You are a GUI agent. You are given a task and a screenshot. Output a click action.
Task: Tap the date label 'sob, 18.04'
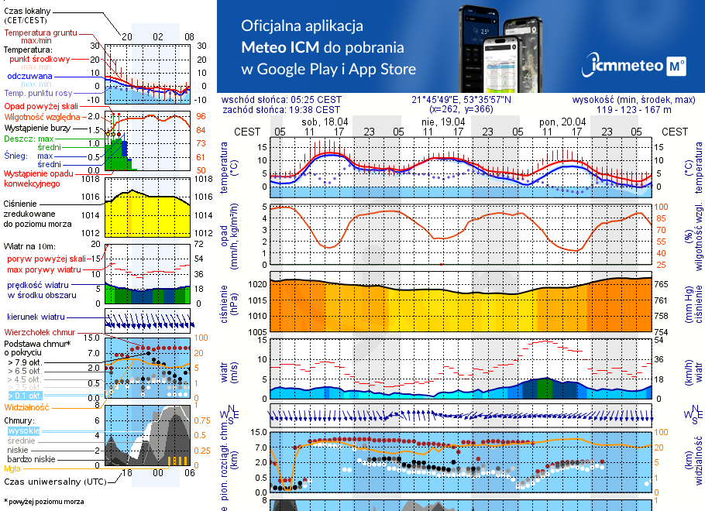325,122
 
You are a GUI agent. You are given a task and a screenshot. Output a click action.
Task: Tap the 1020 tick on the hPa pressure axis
257,284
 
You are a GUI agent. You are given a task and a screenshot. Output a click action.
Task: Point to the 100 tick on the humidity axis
662,207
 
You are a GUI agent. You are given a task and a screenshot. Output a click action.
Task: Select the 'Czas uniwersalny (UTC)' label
50,482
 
